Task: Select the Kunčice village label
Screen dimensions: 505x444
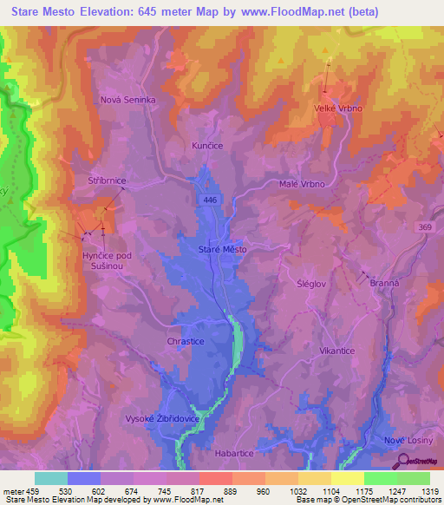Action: pos(207,146)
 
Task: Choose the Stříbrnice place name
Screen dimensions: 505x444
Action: pos(107,180)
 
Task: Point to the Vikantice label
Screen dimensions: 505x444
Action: pos(337,351)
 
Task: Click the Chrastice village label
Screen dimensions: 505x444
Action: pos(184,342)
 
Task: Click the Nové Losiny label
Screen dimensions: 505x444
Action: pos(407,441)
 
